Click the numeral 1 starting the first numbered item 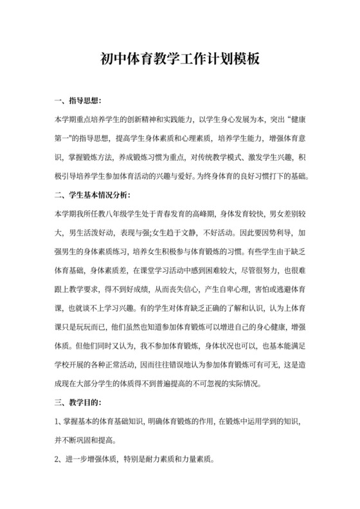pyautogui.click(x=57, y=422)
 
